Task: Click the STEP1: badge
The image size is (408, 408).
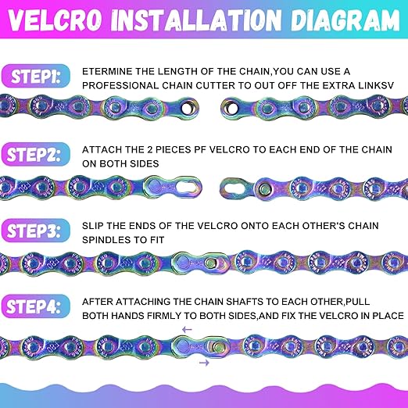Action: [x=36, y=76]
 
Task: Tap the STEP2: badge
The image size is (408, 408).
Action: [x=36, y=154]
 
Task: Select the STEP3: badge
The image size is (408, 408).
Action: [x=36, y=231]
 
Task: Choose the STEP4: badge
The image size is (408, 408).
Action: [x=36, y=306]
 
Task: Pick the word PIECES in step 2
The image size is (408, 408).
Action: [x=173, y=150]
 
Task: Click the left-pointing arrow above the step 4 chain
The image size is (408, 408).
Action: [x=187, y=330]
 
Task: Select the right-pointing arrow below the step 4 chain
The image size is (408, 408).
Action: [x=204, y=363]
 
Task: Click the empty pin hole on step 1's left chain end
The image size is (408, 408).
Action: [x=188, y=108]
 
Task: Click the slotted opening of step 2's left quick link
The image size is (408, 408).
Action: [x=187, y=187]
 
